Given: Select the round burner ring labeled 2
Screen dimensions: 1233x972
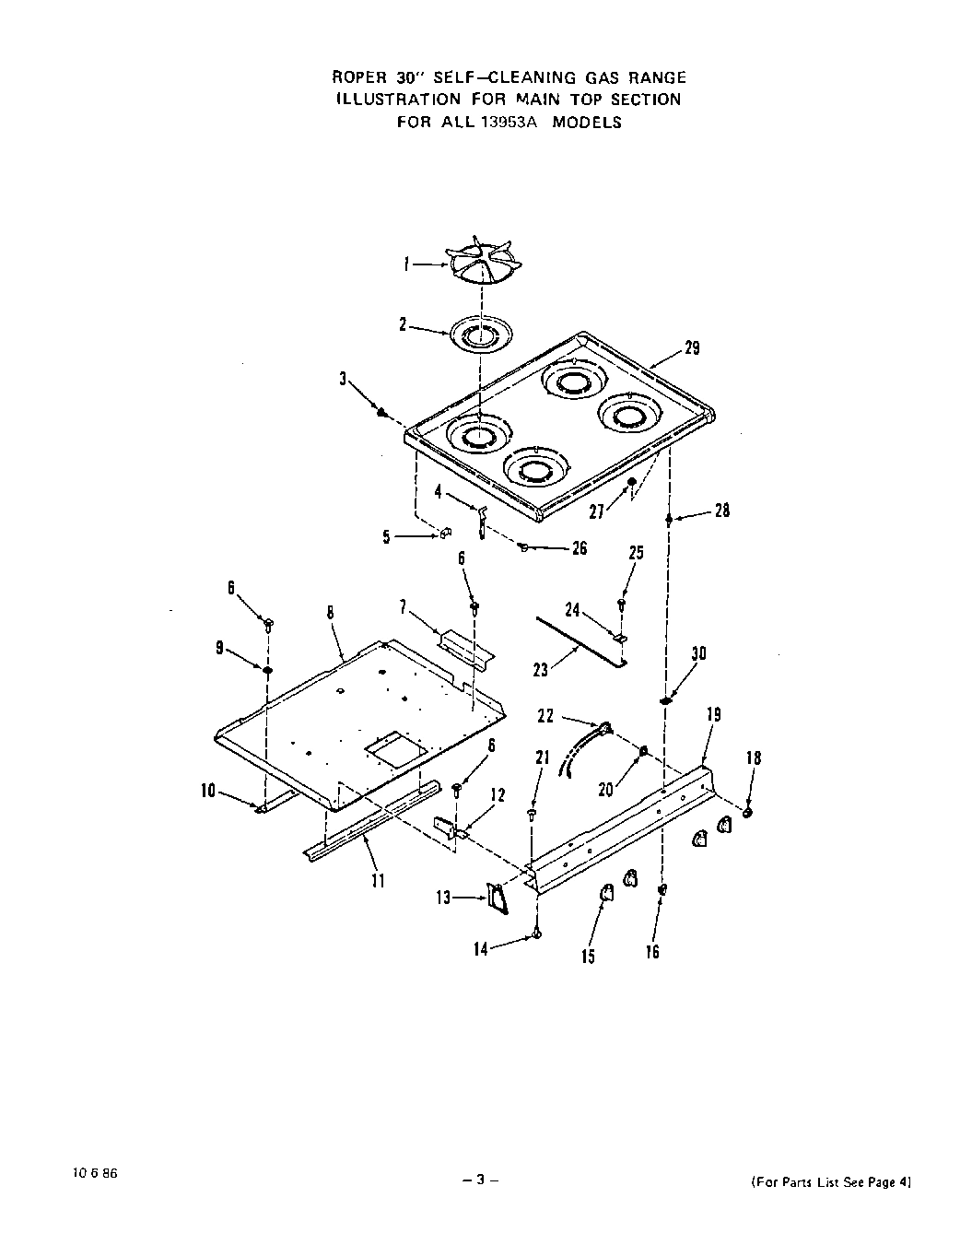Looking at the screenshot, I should tap(480, 335).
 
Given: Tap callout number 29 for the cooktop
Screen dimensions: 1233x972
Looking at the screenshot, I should tap(691, 347).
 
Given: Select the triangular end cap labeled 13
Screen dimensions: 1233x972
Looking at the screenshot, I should tap(498, 898).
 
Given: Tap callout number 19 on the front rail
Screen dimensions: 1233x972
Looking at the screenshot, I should tap(713, 714).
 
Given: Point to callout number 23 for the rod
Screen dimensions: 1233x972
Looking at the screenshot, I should tap(540, 670).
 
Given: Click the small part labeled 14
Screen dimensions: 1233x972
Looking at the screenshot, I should tap(536, 934).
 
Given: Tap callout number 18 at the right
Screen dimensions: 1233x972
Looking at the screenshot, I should tap(753, 758).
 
